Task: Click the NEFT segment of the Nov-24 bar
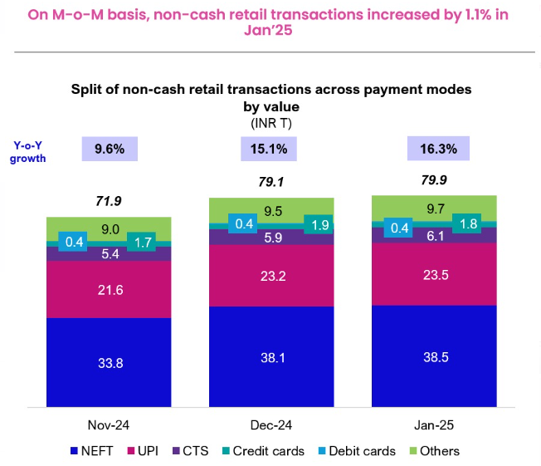click(x=109, y=362)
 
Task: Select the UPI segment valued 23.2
click(x=271, y=275)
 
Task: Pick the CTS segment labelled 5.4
click(x=109, y=253)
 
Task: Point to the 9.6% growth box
click(x=110, y=150)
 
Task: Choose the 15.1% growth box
click(x=270, y=150)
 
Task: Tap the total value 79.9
click(x=434, y=179)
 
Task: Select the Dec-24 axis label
click(x=271, y=424)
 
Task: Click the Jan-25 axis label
click(x=433, y=424)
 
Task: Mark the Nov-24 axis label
click(x=109, y=424)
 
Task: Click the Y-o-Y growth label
click(x=27, y=150)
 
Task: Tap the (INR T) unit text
click(x=270, y=123)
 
